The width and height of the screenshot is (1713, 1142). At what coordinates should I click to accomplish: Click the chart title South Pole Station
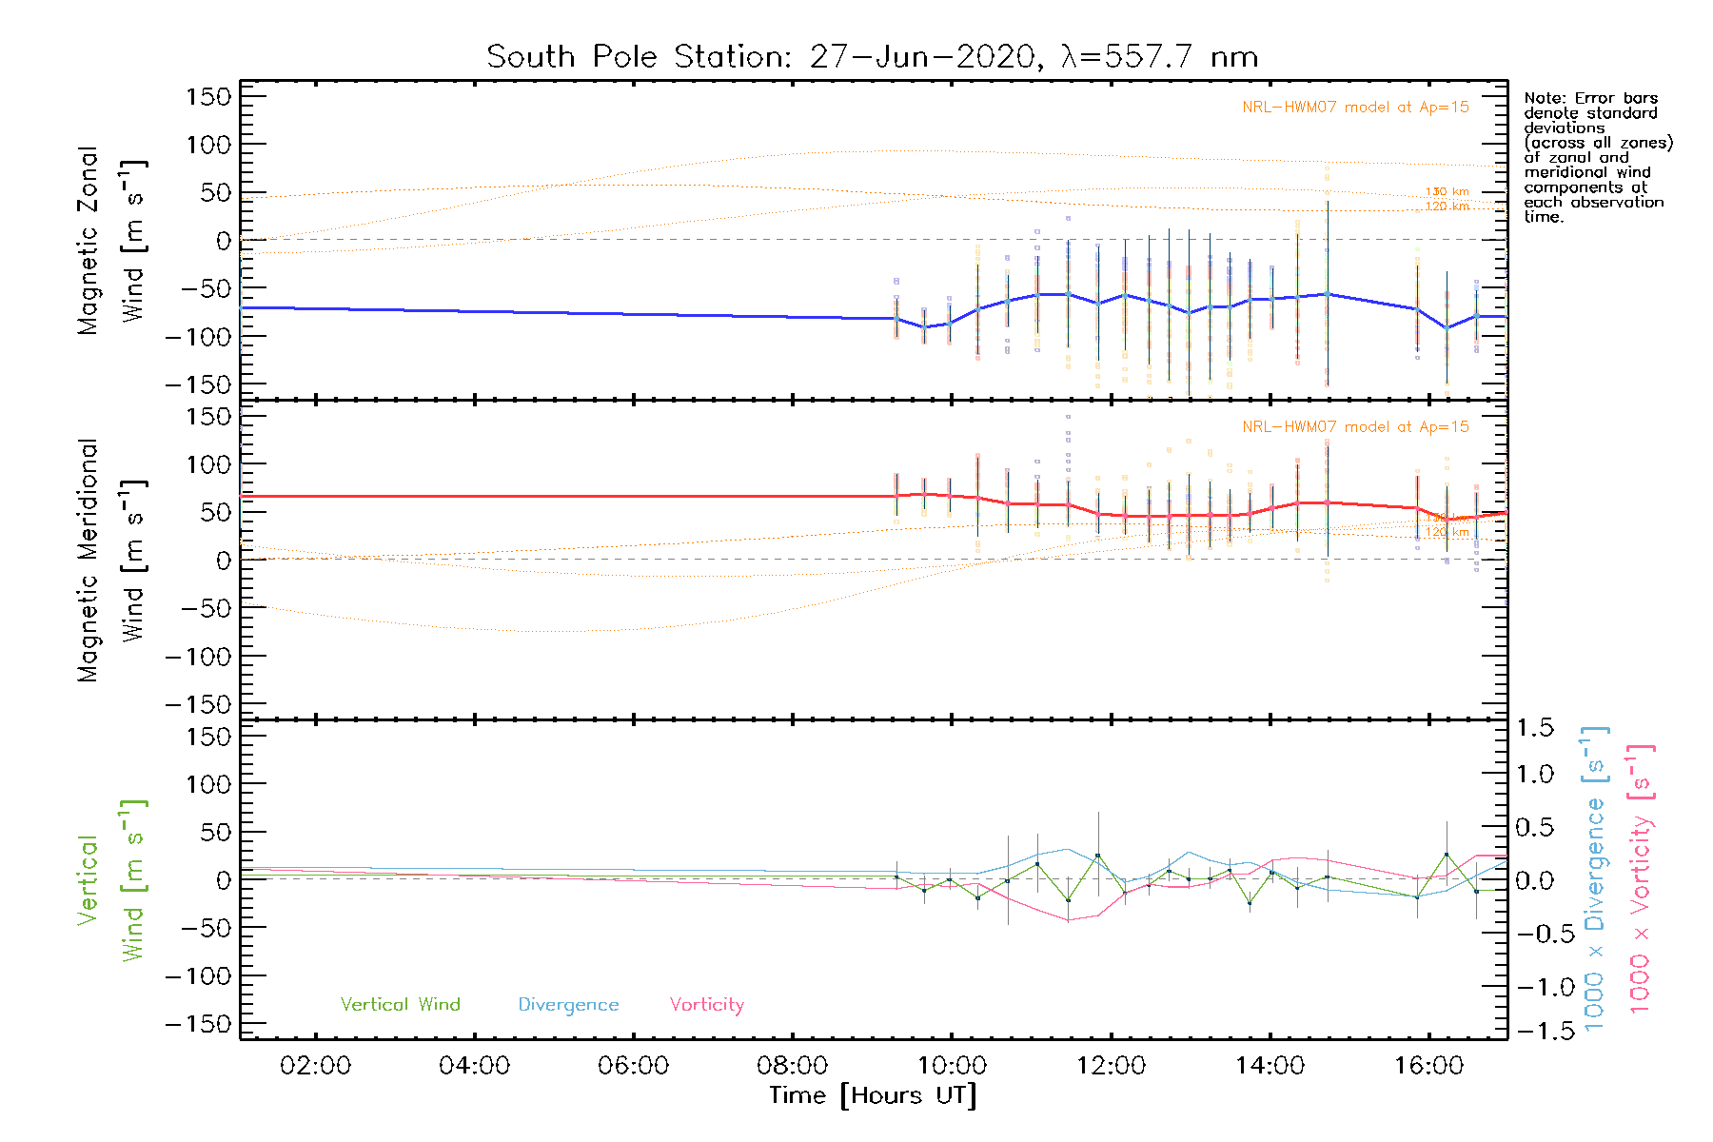[872, 57]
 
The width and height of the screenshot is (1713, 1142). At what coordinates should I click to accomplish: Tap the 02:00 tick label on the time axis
[315, 1066]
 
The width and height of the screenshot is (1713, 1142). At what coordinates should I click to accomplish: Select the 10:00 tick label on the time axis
[952, 1066]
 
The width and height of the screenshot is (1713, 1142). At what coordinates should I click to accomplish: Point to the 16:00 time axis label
[1428, 1066]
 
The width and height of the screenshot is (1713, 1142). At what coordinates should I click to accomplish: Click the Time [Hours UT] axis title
[872, 1096]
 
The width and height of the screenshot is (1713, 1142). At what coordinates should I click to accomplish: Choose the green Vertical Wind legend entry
[400, 1005]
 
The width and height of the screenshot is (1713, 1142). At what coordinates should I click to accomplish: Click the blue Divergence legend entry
[568, 1005]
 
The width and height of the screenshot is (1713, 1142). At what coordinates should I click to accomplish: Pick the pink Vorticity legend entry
[706, 1005]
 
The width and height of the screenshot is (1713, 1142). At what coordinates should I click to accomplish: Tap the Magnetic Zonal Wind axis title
[110, 241]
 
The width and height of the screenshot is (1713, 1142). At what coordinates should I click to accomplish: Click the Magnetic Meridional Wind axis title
[110, 561]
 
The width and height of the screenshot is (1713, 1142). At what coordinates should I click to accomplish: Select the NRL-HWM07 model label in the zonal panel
[1355, 108]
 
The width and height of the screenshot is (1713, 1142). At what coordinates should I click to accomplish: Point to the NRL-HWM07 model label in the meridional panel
[1355, 427]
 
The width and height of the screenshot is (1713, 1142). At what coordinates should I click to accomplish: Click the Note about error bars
[1597, 157]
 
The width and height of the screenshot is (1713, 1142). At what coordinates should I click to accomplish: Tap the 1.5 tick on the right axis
[1535, 728]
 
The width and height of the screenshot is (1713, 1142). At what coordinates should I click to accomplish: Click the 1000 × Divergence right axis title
[1595, 877]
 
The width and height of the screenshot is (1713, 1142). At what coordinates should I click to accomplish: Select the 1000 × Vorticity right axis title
[1641, 877]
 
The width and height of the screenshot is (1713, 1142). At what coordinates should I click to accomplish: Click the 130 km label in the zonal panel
[1447, 192]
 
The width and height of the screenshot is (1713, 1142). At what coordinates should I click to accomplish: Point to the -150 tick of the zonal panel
[198, 384]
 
